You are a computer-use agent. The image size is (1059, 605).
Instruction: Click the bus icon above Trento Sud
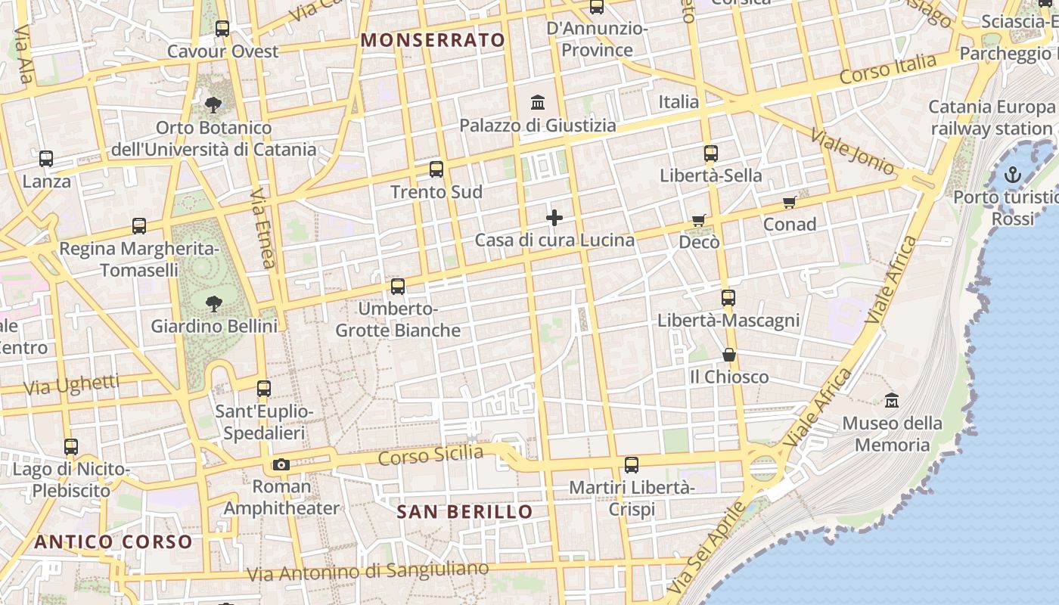click(436, 169)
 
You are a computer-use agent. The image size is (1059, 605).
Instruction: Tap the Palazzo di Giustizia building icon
click(538, 102)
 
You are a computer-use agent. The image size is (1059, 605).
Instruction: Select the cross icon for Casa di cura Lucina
click(554, 219)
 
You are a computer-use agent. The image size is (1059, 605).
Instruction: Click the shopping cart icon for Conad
click(790, 203)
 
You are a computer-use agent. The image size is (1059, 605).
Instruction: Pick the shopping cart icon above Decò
click(699, 220)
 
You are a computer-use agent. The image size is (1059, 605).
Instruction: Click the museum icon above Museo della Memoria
click(892, 400)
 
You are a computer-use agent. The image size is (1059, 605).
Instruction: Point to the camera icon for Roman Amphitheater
click(281, 464)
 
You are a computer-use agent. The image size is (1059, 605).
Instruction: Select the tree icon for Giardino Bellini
click(214, 304)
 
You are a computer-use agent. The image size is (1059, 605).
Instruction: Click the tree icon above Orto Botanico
click(213, 104)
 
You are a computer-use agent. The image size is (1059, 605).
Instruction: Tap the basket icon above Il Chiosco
click(729, 355)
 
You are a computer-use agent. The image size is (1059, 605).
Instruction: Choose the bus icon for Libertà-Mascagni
click(728, 298)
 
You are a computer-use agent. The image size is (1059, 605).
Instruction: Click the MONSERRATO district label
click(433, 40)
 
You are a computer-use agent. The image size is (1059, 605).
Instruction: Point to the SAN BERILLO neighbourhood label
click(465, 512)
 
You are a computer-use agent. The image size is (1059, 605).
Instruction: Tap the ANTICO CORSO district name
click(113, 542)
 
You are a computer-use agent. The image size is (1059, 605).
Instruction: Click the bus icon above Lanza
click(46, 159)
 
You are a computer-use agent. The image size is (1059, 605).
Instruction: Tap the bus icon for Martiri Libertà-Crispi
click(632, 465)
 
